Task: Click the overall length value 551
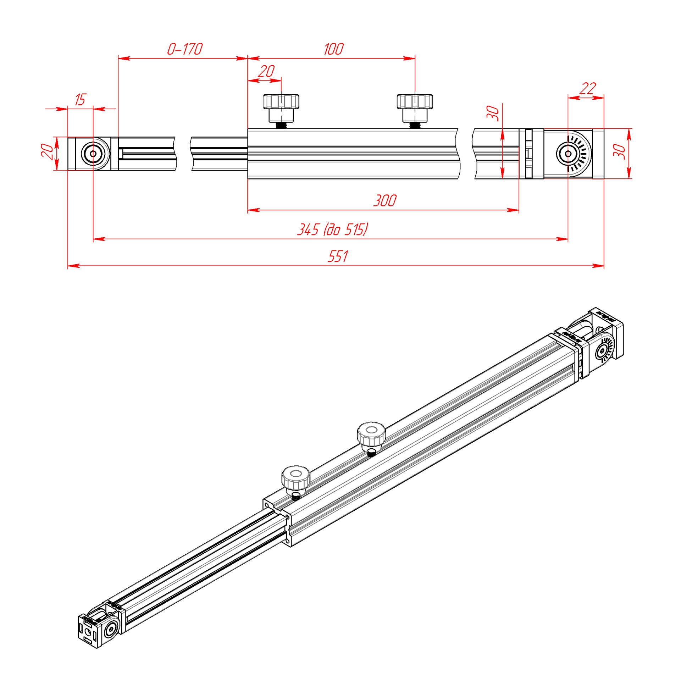(x=338, y=256)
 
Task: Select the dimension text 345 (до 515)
(x=333, y=229)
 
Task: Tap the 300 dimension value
(x=385, y=200)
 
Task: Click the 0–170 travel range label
(x=185, y=49)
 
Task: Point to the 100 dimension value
(x=333, y=49)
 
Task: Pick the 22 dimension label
(x=588, y=88)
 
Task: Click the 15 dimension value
(x=80, y=100)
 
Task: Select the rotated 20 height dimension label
(x=47, y=151)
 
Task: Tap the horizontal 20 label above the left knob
(x=266, y=71)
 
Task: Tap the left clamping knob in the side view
(x=281, y=108)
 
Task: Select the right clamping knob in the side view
(x=415, y=108)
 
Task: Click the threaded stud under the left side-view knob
(x=281, y=125)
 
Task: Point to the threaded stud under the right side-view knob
(x=415, y=125)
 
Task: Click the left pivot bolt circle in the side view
(x=93, y=154)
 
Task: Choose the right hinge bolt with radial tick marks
(x=568, y=154)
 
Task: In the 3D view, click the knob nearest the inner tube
(x=296, y=478)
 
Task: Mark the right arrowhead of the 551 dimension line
(x=598, y=266)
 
